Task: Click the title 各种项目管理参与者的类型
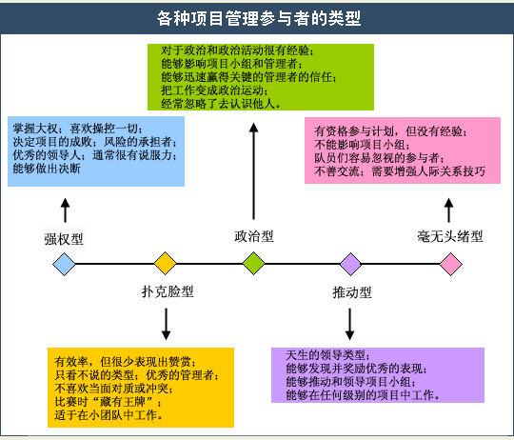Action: point(259,18)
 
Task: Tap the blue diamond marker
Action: point(65,264)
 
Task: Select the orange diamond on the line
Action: point(166,263)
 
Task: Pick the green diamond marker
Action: point(254,263)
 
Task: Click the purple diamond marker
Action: point(350,264)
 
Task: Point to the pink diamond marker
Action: point(451,264)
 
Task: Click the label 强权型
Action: point(64,239)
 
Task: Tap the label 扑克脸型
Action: point(168,291)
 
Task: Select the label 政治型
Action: point(254,236)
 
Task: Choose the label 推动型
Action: point(352,292)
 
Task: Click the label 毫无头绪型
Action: point(450,236)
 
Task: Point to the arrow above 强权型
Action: point(66,210)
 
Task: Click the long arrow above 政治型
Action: point(253,171)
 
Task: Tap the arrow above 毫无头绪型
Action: point(448,210)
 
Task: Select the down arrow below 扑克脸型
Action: point(167,324)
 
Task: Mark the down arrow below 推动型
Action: point(349,324)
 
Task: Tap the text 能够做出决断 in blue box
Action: point(47,169)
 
